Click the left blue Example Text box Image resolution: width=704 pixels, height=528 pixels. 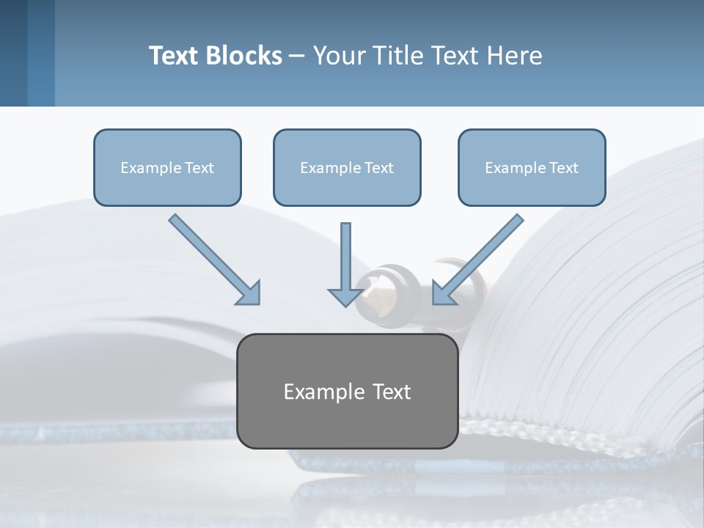(x=167, y=168)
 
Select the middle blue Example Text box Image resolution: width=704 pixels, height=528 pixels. (x=347, y=168)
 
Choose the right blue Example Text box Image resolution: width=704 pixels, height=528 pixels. (x=532, y=168)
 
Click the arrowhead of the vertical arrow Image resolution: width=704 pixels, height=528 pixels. (x=345, y=296)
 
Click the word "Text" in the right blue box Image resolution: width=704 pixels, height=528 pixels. (x=564, y=168)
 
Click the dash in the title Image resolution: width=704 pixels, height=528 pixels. (x=297, y=56)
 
